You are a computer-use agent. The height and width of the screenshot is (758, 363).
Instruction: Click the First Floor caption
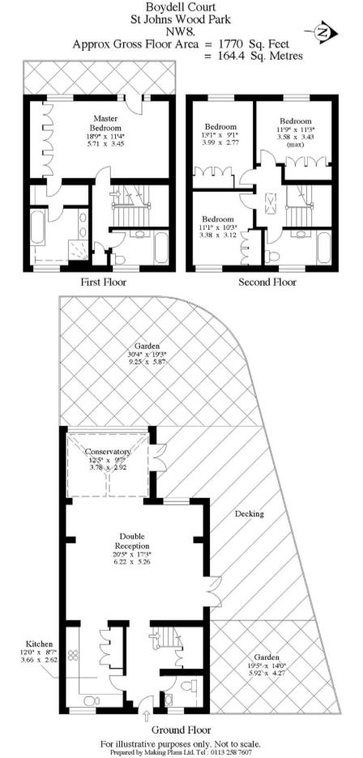[102, 283]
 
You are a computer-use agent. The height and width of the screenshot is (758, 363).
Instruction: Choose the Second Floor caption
[267, 283]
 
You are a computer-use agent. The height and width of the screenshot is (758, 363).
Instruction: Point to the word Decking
[250, 514]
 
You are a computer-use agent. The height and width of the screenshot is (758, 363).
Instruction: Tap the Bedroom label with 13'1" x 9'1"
[220, 127]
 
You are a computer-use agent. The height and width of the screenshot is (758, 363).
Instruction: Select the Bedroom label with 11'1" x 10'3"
[218, 219]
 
